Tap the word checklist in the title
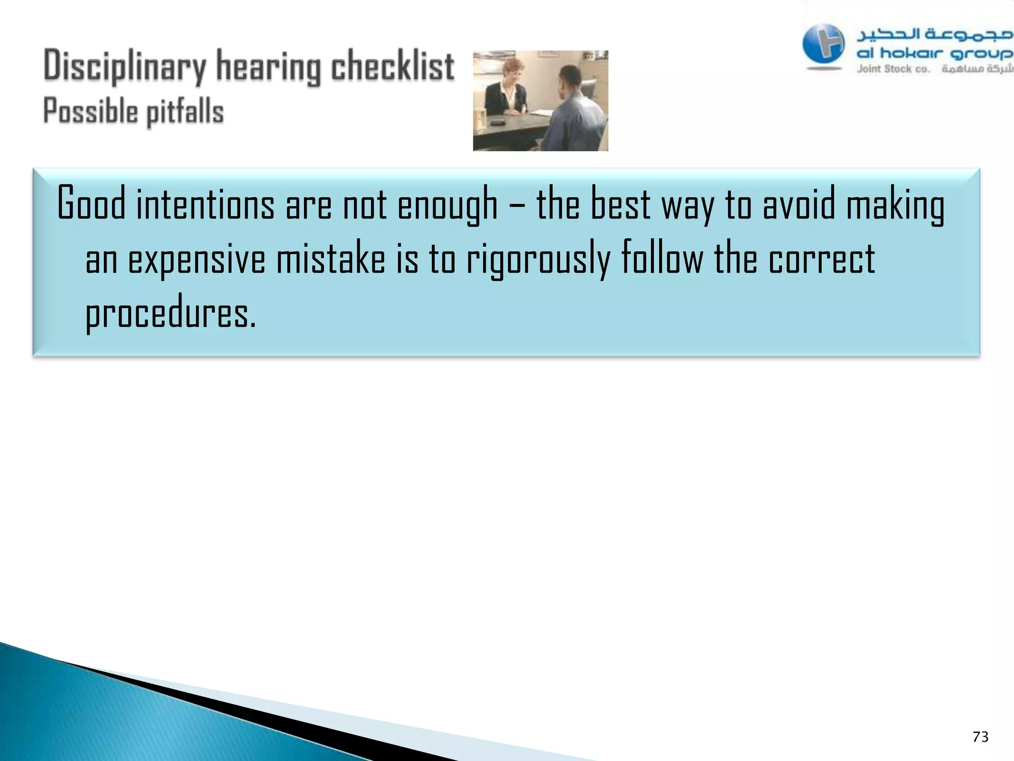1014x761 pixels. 392,66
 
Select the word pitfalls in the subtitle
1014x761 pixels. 185,111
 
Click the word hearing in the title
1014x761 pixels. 268,67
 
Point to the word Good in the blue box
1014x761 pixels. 91,203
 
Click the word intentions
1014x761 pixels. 205,204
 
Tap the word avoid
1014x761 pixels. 799,204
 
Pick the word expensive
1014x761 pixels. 197,260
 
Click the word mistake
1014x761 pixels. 331,259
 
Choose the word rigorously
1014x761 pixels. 538,260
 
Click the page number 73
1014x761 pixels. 980,737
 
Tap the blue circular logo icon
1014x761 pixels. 823,45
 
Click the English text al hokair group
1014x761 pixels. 934,53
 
